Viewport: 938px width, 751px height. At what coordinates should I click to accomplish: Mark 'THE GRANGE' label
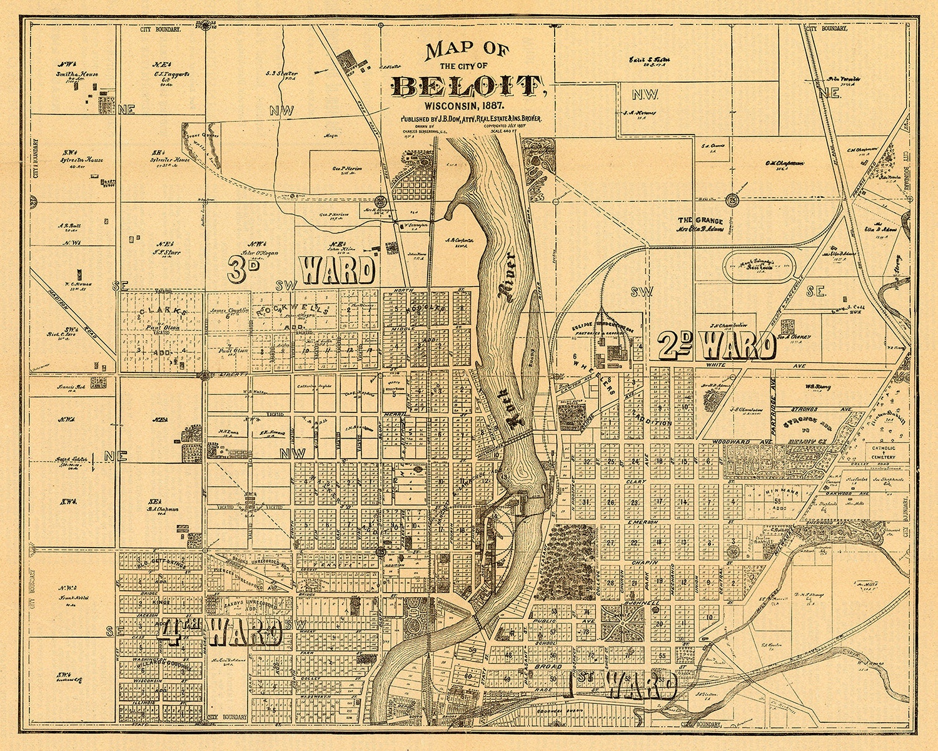700,221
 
